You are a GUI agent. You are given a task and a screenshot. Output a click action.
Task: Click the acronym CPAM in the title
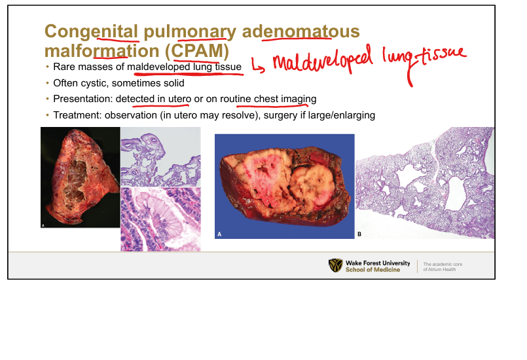click(x=197, y=51)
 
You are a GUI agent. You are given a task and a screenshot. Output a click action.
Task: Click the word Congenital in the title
click(x=91, y=32)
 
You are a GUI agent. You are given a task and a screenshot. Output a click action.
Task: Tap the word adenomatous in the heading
click(x=300, y=31)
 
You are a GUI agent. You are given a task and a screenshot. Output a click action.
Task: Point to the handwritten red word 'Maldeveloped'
click(x=323, y=60)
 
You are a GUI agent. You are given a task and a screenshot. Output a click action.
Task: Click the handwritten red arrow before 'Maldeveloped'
click(x=258, y=65)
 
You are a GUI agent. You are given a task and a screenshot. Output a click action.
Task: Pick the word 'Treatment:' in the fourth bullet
click(x=77, y=115)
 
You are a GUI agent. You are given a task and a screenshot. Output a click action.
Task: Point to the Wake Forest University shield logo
click(x=335, y=265)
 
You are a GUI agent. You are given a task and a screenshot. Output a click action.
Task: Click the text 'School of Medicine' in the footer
click(x=373, y=270)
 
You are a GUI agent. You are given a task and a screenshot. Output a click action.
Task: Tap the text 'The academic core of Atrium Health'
click(x=443, y=267)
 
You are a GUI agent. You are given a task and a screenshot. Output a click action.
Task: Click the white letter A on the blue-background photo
click(x=219, y=234)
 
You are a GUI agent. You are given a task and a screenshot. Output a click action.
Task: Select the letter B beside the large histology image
click(x=359, y=234)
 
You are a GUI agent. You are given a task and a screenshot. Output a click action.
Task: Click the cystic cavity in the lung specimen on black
click(x=76, y=180)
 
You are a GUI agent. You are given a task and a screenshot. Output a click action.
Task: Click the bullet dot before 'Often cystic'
click(x=47, y=83)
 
